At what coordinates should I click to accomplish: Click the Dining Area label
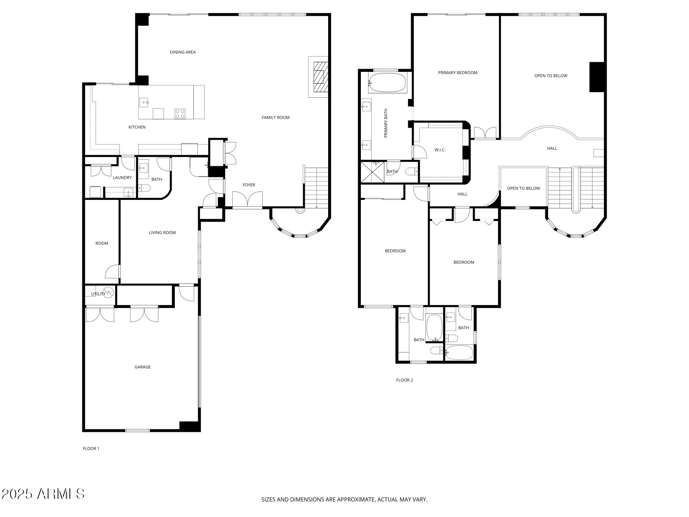182,52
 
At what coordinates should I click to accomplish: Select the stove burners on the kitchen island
180,113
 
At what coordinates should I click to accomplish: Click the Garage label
142,367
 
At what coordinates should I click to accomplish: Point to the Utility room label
98,294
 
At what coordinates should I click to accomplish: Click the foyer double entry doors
247,200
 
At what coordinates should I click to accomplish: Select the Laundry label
122,178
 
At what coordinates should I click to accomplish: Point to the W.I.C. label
440,150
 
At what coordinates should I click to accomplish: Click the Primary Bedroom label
458,73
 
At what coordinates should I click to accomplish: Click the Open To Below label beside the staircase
523,188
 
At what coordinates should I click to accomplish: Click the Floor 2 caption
404,380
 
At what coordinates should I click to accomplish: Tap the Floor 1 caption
91,448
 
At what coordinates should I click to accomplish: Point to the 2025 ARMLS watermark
43,494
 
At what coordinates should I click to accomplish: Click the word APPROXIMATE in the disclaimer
355,500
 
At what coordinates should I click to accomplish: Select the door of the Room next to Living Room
113,272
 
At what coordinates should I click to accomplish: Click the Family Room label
275,118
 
